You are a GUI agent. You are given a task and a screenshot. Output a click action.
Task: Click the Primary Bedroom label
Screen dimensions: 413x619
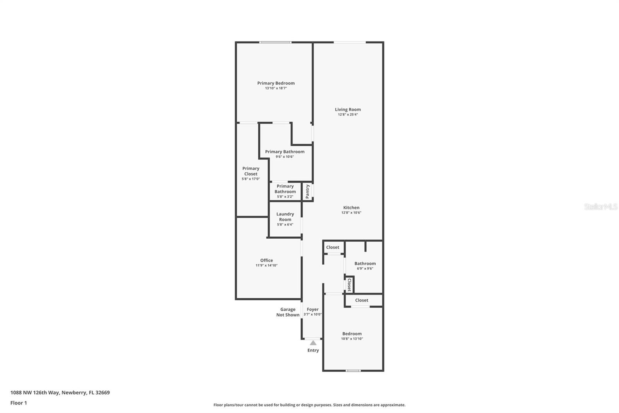tap(276, 83)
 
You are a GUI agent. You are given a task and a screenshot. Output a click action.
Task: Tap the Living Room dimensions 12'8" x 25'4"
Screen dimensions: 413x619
tap(348, 115)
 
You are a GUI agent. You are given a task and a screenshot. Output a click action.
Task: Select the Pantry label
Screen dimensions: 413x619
tap(308, 191)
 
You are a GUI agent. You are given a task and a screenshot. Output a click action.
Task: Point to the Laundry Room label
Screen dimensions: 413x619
tap(285, 217)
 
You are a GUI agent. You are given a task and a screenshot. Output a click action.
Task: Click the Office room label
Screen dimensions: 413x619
tap(267, 260)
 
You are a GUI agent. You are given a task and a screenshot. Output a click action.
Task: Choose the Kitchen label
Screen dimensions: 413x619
tap(351, 208)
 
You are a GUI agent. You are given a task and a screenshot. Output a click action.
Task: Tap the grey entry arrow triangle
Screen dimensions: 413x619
tap(313, 343)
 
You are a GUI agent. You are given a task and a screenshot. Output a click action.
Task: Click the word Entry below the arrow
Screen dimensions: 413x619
tap(313, 350)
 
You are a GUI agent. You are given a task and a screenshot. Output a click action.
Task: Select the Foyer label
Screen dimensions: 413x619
tap(313, 309)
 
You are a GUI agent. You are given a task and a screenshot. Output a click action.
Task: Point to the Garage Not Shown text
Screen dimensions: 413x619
tap(288, 312)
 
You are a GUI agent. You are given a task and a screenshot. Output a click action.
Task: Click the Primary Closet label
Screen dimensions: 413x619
tap(251, 171)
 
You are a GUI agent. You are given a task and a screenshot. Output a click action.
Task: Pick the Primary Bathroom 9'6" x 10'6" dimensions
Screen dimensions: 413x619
tap(285, 157)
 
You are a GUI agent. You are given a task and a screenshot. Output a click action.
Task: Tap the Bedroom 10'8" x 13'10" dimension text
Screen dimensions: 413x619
tap(352, 339)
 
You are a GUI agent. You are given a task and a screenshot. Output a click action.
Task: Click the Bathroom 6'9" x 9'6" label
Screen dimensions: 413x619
tap(365, 263)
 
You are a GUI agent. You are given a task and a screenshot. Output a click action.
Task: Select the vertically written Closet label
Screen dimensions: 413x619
tap(349, 285)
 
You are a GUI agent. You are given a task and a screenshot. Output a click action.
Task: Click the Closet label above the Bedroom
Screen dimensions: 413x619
tap(362, 300)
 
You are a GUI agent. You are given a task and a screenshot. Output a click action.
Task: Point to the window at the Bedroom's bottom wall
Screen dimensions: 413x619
tap(353, 371)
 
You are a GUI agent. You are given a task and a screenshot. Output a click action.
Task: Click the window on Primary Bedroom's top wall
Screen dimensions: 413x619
tap(275, 42)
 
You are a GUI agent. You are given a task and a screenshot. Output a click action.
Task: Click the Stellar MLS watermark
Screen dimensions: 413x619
tap(600, 207)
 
